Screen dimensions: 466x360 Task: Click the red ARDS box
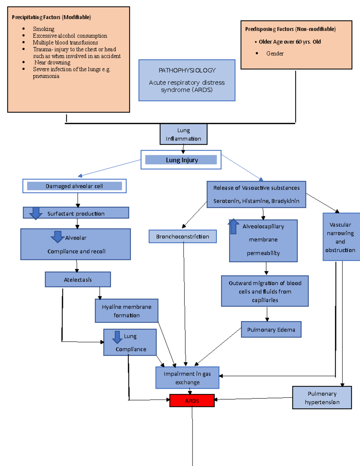tap(192, 401)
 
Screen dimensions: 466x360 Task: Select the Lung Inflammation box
tap(183, 134)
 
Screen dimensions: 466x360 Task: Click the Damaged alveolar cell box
tap(74, 186)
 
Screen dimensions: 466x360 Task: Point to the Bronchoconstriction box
tap(182, 236)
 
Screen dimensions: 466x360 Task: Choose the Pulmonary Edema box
tap(271, 329)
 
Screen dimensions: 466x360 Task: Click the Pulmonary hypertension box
tap(322, 398)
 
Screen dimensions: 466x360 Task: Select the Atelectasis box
tap(78, 280)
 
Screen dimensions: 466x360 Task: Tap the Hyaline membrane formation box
tap(126, 311)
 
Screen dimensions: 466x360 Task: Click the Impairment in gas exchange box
tap(187, 378)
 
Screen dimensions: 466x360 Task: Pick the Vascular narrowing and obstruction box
tap(340, 237)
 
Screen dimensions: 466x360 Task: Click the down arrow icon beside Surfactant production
tap(36, 213)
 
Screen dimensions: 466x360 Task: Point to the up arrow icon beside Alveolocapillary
tap(233, 227)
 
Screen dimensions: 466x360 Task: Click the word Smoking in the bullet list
tap(43, 29)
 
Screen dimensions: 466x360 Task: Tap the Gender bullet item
tap(275, 53)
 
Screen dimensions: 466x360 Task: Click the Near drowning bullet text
tap(52, 62)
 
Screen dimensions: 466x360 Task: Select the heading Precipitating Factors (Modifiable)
tap(51, 17)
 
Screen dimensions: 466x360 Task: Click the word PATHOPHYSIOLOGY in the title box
tap(187, 70)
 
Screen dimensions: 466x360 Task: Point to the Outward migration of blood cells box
tap(265, 291)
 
